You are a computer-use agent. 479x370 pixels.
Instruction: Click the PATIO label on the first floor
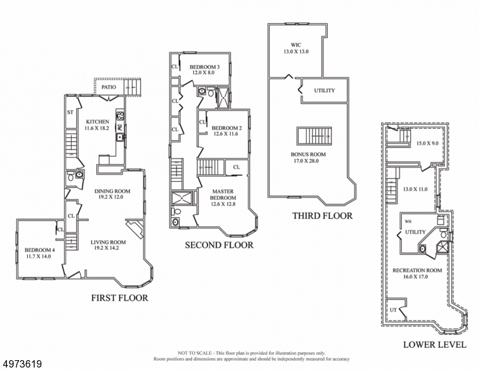point(109,87)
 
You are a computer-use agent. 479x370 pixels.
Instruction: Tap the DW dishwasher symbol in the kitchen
point(120,127)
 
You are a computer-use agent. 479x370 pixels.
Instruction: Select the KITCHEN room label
point(98,121)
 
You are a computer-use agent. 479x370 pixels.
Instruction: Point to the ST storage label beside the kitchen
point(70,112)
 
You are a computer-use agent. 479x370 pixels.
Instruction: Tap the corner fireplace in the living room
point(135,229)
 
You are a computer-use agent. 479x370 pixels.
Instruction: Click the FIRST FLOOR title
point(120,298)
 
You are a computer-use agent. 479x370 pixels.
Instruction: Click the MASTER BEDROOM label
point(223,194)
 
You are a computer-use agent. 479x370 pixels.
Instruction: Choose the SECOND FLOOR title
point(219,245)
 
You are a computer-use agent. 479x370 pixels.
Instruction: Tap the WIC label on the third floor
point(296,45)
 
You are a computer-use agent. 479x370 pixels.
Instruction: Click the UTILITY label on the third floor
point(325,91)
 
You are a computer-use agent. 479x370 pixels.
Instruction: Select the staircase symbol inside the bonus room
point(314,136)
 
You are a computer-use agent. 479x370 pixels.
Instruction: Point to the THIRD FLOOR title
point(322,216)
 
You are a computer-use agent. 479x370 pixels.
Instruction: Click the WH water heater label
point(408,221)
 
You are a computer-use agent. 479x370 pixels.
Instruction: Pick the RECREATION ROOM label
point(417,270)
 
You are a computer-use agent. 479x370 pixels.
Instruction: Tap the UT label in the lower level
point(393,310)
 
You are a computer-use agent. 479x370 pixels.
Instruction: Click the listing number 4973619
point(22,364)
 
